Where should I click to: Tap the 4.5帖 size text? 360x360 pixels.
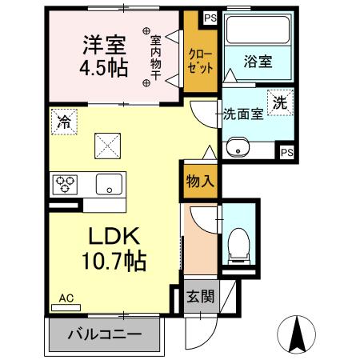102,67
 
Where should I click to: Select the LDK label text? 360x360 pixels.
114,237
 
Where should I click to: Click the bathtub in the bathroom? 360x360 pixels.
258,30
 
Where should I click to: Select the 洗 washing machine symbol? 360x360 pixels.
280,102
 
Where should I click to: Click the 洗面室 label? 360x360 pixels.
242,114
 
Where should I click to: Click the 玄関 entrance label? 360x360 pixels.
200,297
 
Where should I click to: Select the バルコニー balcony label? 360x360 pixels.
105,334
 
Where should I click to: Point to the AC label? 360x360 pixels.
66,299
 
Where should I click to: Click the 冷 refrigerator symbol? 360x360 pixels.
63,122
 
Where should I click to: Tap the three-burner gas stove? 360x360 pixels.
66,185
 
